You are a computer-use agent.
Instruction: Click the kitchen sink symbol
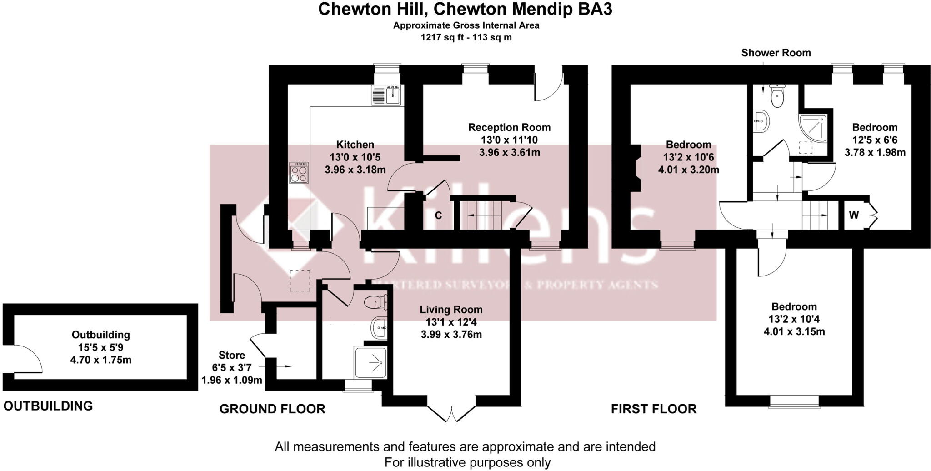point(386,95)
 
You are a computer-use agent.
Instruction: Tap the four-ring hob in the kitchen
point(299,173)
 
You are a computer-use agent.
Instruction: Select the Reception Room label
point(509,127)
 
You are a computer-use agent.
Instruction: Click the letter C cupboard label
point(438,215)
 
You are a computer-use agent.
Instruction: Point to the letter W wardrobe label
point(854,215)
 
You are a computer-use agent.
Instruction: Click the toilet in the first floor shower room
point(777,95)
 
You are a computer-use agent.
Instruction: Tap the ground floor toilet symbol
point(376,301)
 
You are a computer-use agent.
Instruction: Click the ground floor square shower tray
point(370,362)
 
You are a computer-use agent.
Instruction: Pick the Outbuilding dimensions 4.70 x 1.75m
point(101,360)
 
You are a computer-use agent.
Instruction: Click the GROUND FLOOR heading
point(272,409)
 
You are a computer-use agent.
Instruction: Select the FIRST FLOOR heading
point(653,409)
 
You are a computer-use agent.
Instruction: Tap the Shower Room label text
point(776,53)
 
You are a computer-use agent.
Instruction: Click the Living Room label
point(451,310)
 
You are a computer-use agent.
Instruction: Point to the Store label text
point(232,355)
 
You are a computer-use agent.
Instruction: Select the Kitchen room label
point(355,145)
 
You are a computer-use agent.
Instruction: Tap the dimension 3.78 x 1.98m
point(875,153)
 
